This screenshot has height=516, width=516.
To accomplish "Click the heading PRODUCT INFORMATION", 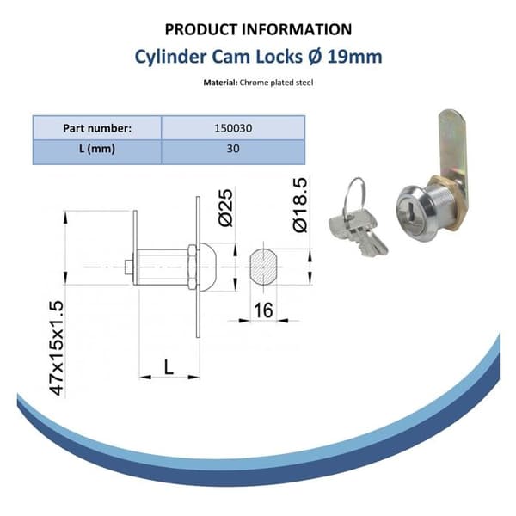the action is point(258,29).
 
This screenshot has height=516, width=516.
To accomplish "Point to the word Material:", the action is point(220,83).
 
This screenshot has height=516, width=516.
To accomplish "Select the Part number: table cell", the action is point(97,127).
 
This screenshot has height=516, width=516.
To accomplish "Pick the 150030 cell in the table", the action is point(233,127).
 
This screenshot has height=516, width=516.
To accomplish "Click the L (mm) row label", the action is point(97,149).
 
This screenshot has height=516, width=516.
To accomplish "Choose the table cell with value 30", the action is point(233,149).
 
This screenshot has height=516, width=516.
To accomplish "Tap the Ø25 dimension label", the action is point(225,207).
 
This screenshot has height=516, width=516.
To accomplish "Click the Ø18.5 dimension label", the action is point(300,205).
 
